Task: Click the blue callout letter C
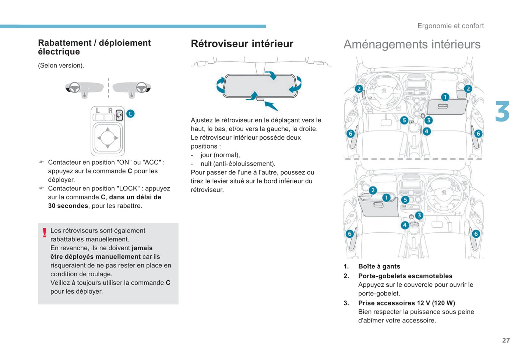(x=130, y=114)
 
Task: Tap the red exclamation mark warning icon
(x=45, y=233)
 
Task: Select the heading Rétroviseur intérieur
(x=242, y=44)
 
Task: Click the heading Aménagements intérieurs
(x=412, y=45)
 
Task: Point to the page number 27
(x=506, y=340)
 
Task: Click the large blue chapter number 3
(x=503, y=112)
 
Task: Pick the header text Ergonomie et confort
(x=450, y=26)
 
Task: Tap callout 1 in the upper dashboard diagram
(x=445, y=97)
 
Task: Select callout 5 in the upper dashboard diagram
(x=404, y=120)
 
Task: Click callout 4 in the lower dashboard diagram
(x=405, y=225)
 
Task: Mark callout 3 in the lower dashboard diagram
(x=419, y=216)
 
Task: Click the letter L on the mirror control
(x=98, y=111)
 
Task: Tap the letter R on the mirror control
(x=110, y=111)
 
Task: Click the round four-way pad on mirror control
(x=108, y=138)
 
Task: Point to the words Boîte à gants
(x=379, y=266)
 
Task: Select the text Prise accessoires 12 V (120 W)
(x=406, y=303)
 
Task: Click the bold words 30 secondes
(x=68, y=206)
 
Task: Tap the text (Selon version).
(x=61, y=66)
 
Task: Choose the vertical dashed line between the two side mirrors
(x=108, y=88)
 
